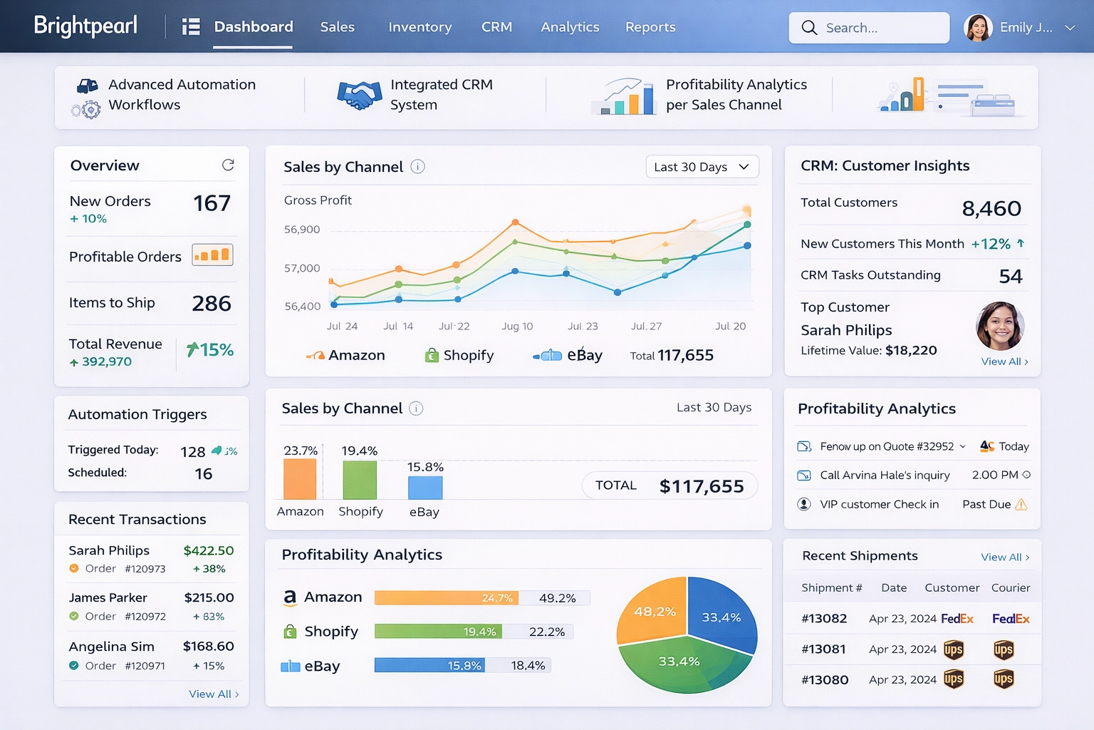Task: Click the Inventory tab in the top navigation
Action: [420, 27]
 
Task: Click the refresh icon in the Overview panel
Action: [228, 165]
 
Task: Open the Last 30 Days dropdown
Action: [702, 167]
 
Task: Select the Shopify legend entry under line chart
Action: [459, 355]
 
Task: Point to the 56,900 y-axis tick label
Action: [302, 230]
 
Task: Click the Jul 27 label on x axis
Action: [646, 326]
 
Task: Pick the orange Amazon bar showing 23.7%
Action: [300, 478]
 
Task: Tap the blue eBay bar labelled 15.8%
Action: [425, 488]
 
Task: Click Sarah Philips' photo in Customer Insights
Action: [1000, 326]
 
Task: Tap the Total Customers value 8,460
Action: [991, 208]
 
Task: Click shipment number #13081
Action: [823, 649]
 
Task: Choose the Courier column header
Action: [1011, 587]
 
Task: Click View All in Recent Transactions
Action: [214, 694]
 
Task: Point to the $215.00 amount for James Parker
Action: [209, 597]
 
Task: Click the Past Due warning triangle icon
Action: [1021, 505]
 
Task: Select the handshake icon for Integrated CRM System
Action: [360, 95]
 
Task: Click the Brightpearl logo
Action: [85, 26]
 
